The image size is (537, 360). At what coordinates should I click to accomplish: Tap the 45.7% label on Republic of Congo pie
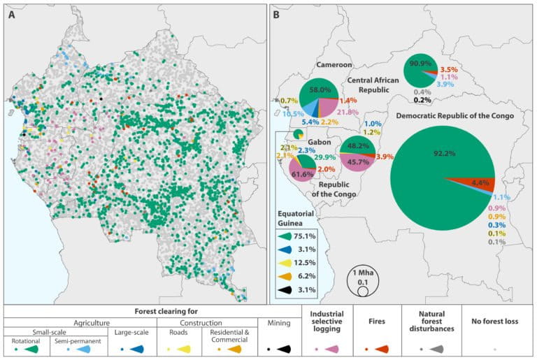359,161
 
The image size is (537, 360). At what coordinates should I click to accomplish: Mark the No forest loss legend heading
496,322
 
